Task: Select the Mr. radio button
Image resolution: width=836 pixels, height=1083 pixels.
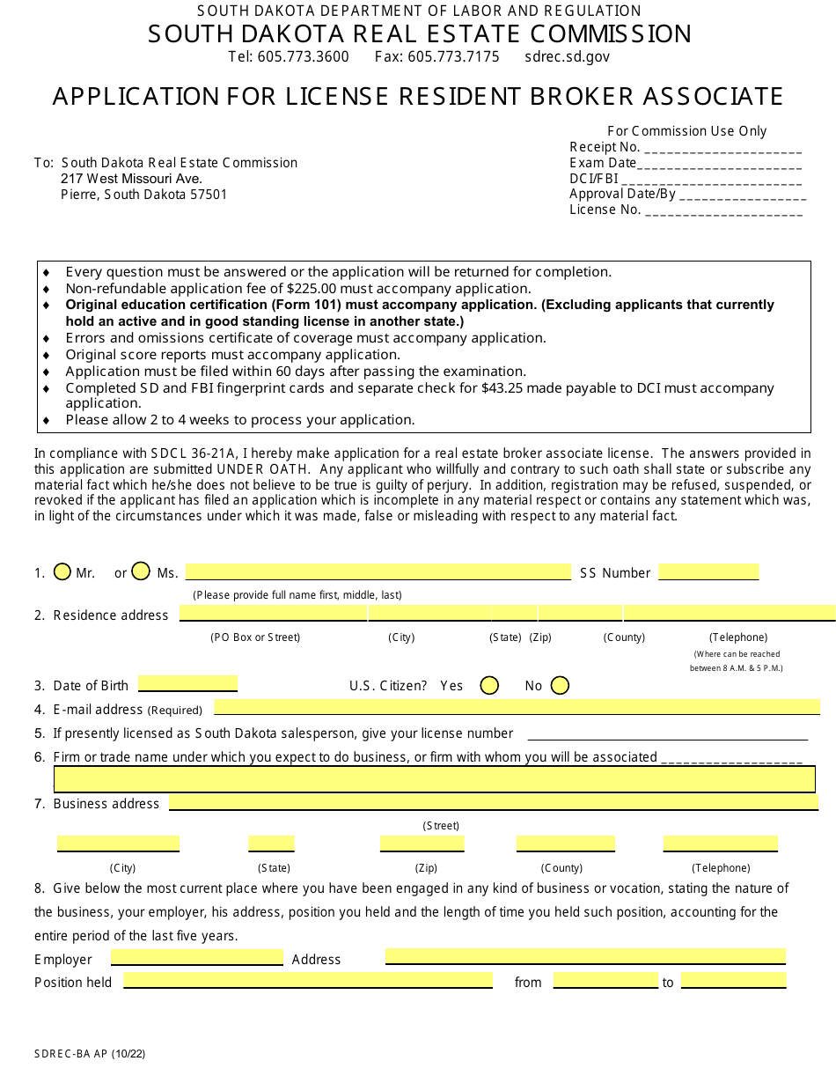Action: pos(62,571)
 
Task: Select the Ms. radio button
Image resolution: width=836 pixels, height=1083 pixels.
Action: pos(141,571)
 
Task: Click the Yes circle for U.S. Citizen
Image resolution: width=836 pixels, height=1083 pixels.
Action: pos(489,685)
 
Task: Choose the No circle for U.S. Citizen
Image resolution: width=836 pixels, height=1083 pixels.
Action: pos(560,685)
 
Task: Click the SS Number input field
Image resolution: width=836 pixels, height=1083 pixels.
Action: pos(708,571)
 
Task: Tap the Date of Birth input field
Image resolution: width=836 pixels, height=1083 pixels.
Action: pos(187,684)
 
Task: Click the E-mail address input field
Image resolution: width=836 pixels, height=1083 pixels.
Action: pos(517,707)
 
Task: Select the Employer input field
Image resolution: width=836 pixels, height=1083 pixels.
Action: pos(196,957)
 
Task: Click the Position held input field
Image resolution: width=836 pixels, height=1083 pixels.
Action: pos(307,980)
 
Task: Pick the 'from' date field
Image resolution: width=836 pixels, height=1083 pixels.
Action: pos(605,980)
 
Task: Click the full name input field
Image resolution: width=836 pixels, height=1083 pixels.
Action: pos(378,571)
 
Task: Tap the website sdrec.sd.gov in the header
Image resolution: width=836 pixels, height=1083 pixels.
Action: pos(567,57)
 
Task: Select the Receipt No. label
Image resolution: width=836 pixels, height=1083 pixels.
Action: pos(605,147)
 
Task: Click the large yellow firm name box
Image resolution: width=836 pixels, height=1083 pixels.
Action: pos(434,779)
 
